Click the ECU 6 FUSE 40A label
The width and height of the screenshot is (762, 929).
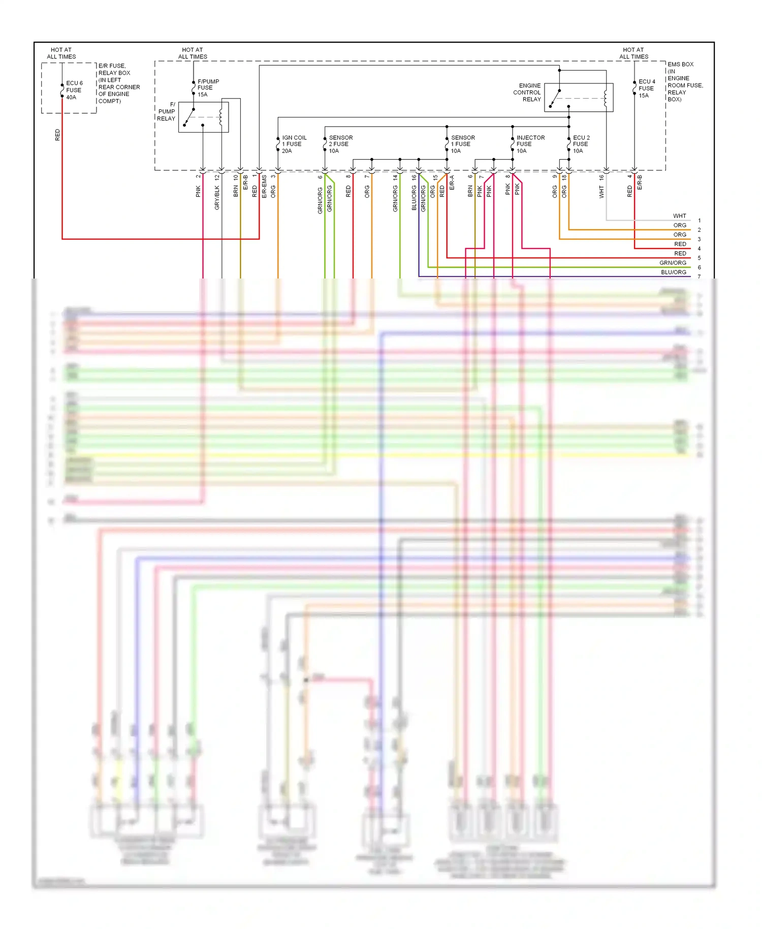click(x=74, y=90)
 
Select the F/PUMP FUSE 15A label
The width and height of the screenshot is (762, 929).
click(x=208, y=88)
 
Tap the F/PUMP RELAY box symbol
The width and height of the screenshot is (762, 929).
click(x=203, y=117)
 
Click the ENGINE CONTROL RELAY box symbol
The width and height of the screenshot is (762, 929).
click(x=579, y=98)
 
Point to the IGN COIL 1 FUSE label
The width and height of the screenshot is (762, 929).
click(x=294, y=144)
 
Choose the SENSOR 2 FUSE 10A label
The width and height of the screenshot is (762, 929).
click(x=340, y=144)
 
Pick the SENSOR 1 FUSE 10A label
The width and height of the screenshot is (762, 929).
click(x=462, y=144)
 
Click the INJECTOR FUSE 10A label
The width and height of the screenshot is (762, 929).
click(x=530, y=144)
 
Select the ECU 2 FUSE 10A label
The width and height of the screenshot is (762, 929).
click(x=581, y=144)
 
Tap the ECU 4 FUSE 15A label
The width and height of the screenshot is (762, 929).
click(x=646, y=88)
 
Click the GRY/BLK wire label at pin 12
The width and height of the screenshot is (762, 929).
click(x=217, y=197)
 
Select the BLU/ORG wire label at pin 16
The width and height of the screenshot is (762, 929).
click(x=415, y=198)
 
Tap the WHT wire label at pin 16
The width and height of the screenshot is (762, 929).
click(x=601, y=192)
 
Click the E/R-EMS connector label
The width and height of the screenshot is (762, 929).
click(x=264, y=187)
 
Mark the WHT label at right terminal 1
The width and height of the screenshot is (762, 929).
click(x=679, y=216)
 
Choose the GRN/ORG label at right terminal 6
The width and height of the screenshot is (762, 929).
click(x=673, y=263)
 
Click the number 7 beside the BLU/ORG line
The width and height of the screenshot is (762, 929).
click(x=700, y=276)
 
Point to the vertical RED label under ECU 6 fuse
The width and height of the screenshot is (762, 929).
click(x=57, y=135)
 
